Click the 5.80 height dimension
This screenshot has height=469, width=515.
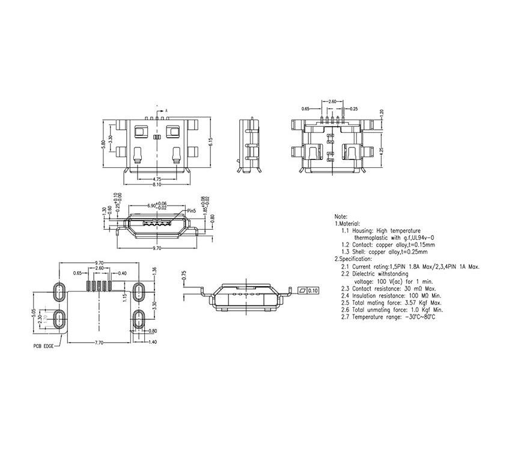[103, 145]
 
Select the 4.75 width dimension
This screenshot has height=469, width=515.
[156, 179]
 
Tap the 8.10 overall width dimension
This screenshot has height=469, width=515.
[156, 185]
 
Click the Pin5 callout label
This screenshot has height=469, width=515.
[192, 211]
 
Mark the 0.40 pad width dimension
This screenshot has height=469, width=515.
[122, 273]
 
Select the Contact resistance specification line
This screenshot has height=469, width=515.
[388, 288]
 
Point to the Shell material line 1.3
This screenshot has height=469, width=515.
[388, 252]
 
